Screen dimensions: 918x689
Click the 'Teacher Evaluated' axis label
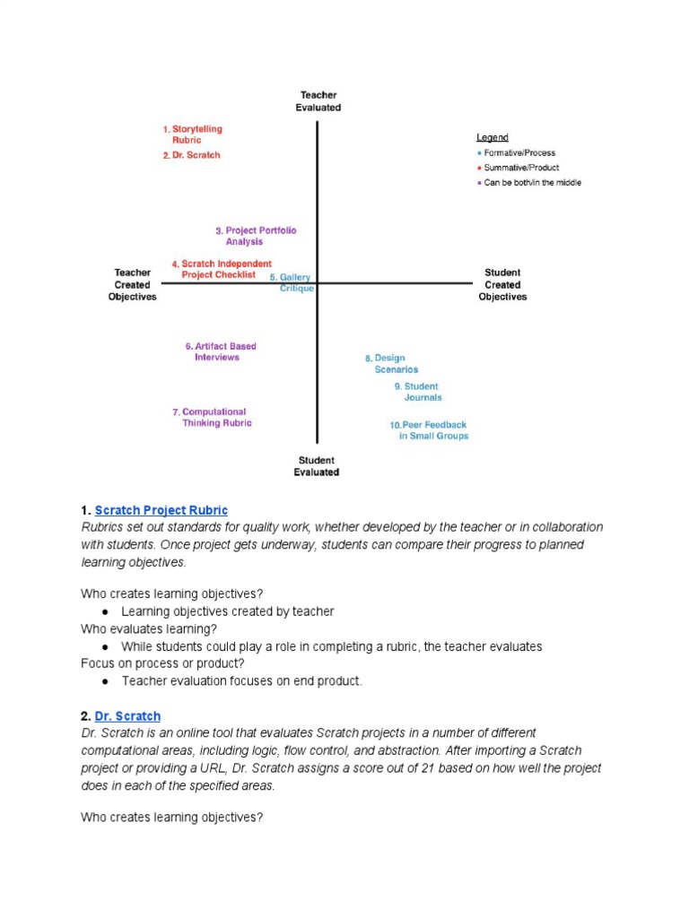click(318, 101)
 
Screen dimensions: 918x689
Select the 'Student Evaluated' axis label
click(317, 466)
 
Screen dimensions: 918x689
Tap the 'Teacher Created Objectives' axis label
click(132, 284)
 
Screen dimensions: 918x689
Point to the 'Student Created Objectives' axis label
click(502, 284)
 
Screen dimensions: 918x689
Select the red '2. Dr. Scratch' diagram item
click(191, 155)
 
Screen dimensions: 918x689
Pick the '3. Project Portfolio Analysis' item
click(255, 236)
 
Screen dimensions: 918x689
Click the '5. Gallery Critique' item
click(292, 283)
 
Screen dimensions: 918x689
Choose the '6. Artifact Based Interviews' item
click(220, 351)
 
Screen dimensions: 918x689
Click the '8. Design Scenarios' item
click(386, 363)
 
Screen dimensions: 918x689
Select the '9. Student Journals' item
click(418, 392)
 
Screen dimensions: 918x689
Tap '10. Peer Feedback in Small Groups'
click(429, 430)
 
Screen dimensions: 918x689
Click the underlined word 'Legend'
click(493, 138)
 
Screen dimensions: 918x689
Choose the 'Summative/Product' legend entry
click(520, 168)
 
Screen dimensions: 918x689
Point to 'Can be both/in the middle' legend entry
click(532, 183)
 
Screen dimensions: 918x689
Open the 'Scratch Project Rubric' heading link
click(161, 510)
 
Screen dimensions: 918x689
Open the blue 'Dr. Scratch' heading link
click(127, 716)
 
